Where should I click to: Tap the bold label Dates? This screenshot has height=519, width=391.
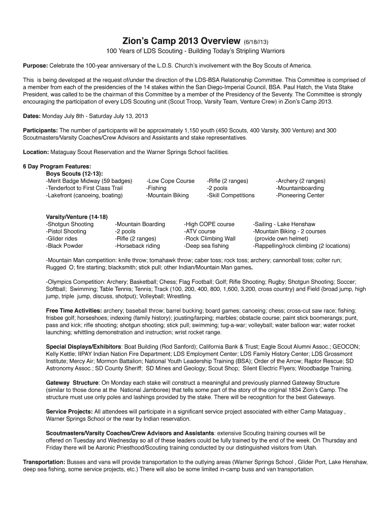pyautogui.click(x=32, y=116)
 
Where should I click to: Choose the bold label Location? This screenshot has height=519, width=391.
pyautogui.click(x=36, y=152)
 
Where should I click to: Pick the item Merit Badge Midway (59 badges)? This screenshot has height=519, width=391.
pyautogui.click(x=89, y=181)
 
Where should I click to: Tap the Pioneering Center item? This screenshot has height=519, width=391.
pyautogui.click(x=300, y=195)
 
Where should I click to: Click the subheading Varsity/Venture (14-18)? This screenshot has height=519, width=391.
pyautogui.click(x=77, y=217)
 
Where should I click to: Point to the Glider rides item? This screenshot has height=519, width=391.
pyautogui.click(x=61, y=239)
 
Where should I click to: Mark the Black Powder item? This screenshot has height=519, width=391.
pyautogui.click(x=64, y=246)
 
